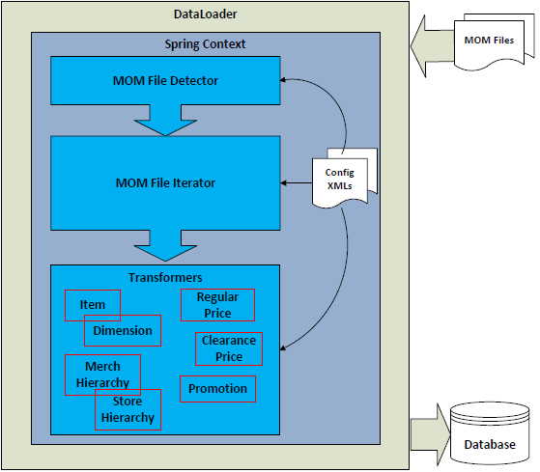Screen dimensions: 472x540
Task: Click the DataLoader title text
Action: coord(205,15)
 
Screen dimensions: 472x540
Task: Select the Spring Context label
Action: coord(205,44)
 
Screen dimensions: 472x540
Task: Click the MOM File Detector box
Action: coord(166,80)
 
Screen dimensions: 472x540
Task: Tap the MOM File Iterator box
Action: coord(166,182)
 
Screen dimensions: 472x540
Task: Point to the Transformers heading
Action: coord(166,277)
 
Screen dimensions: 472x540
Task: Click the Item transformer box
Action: coord(93,305)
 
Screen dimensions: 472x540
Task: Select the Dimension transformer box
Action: coord(122,330)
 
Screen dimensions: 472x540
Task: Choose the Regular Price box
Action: coord(218,305)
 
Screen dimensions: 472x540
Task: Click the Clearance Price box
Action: coord(229,348)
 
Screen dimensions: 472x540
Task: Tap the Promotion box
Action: coord(218,389)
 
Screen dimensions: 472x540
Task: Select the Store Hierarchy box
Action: coord(128,409)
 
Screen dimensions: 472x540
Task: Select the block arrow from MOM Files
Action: coord(430,43)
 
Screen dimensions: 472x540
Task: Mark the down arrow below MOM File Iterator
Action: coord(166,246)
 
